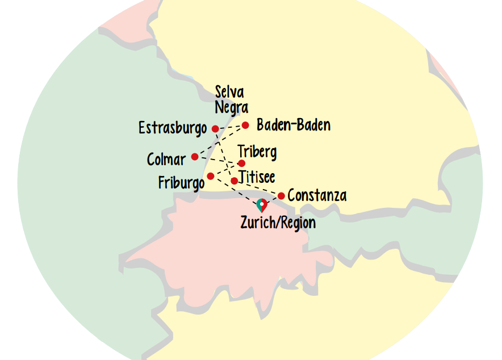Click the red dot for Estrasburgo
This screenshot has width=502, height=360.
215,129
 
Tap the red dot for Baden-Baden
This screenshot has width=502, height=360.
245,125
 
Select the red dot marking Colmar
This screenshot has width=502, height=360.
195,157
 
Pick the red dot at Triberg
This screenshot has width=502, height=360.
241,164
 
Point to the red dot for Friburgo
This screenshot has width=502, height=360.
211,176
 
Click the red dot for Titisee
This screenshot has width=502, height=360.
234,181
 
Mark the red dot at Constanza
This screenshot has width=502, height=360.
281,196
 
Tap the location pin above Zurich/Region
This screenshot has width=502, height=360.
261,204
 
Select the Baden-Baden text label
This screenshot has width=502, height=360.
293,125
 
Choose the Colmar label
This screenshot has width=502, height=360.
166,160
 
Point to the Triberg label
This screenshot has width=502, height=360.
257,152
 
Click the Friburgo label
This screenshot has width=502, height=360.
181,183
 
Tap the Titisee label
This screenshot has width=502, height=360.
257,177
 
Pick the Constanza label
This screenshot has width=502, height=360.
317,196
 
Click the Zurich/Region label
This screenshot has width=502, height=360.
278,223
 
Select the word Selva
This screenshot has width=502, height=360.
229,92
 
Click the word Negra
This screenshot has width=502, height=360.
231,107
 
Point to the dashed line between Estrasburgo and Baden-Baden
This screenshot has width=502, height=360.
230,127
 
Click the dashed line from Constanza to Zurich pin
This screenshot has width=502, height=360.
273,199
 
